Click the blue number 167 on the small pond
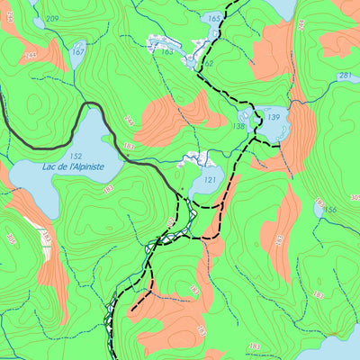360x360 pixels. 77,52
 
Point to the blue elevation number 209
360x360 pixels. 51,19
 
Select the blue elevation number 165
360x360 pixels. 213,18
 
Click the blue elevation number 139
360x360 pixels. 274,118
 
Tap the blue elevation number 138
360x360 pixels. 238,127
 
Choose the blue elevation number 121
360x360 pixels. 210,180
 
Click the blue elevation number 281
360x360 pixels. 345,76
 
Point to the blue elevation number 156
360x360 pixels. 330,211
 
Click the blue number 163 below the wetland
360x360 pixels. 167,51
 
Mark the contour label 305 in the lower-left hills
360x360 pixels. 11,238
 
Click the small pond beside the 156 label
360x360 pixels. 319,206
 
